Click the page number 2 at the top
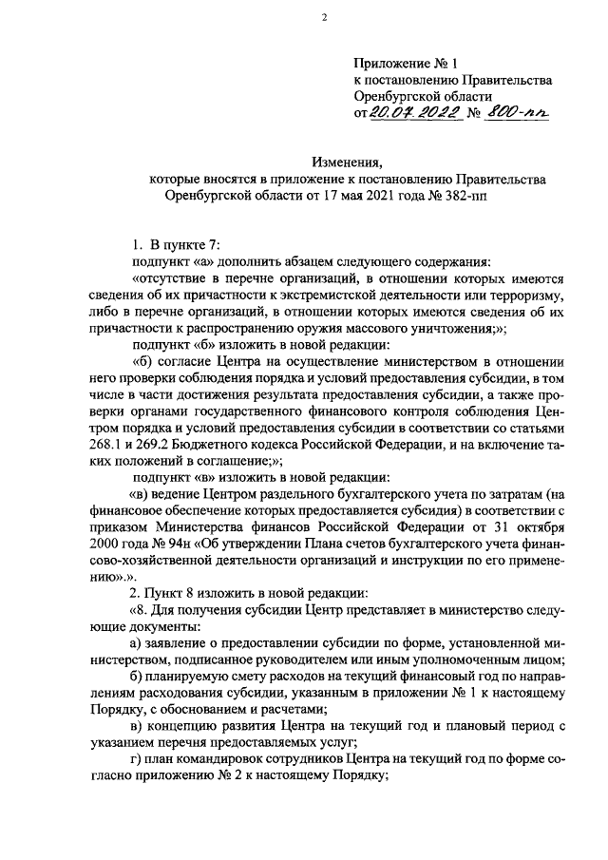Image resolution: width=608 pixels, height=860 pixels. (323, 18)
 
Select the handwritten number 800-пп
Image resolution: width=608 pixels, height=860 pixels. (519, 113)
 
